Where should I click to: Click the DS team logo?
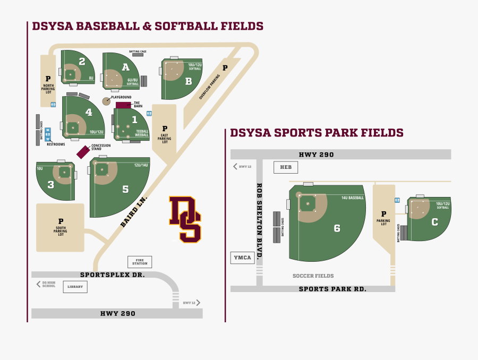pyautogui.click(x=185, y=219)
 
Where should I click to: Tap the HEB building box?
pyautogui.click(x=286, y=167)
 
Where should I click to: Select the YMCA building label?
pyautogui.click(x=242, y=258)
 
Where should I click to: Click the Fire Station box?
pyautogui.click(x=140, y=262)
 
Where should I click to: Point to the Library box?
pyautogui.click(x=75, y=287)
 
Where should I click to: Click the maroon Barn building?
pyautogui.click(x=123, y=105)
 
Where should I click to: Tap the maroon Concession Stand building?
pyautogui.click(x=83, y=152)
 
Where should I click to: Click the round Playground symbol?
pyautogui.click(x=106, y=101)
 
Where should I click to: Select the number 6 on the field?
pyautogui.click(x=337, y=228)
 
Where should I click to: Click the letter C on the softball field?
pyautogui.click(x=434, y=222)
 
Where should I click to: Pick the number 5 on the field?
pyautogui.click(x=125, y=188)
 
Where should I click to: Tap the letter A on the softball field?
pyautogui.click(x=125, y=67)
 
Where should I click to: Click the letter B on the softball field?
pyautogui.click(x=188, y=81)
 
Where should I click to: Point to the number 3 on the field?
pyautogui.click(x=50, y=185)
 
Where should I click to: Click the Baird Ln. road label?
pyautogui.click(x=133, y=212)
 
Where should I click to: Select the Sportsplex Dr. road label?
pyautogui.click(x=112, y=275)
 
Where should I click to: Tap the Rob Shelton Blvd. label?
pyautogui.click(x=260, y=221)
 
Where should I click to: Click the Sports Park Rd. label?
pyautogui.click(x=332, y=289)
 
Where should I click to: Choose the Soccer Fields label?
pyautogui.click(x=313, y=276)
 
